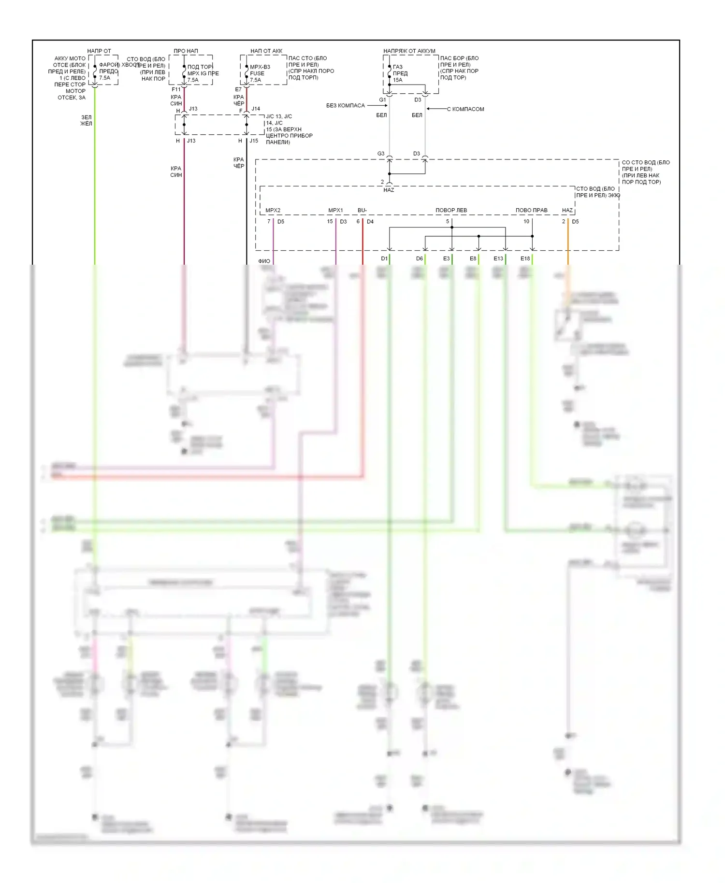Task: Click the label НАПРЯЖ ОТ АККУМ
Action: [x=409, y=51]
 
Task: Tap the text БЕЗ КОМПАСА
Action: [x=345, y=105]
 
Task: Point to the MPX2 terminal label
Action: [x=273, y=210]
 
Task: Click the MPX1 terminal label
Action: [x=335, y=210]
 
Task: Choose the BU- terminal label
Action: [x=362, y=210]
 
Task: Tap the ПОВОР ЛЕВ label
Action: [x=451, y=210]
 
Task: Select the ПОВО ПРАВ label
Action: [x=531, y=210]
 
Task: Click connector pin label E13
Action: [x=498, y=258]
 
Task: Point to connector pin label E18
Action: [x=525, y=258]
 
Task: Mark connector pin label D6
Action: [x=419, y=258]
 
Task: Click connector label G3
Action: [x=381, y=154]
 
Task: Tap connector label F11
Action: [x=176, y=89]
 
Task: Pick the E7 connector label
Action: [x=238, y=89]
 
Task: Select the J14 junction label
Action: [x=256, y=109]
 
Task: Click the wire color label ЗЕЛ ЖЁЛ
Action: [x=86, y=120]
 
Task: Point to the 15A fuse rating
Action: [x=397, y=80]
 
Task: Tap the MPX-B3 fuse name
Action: [x=260, y=67]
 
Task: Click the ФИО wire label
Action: [x=264, y=261]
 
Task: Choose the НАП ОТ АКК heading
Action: [x=266, y=51]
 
